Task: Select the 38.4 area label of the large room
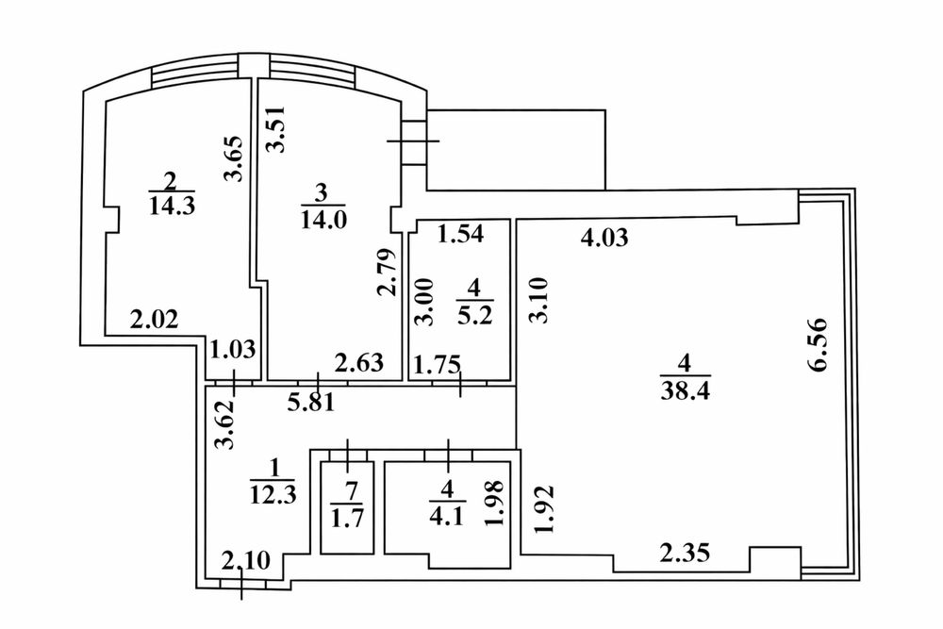point(686,390)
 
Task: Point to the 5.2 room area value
point(475,315)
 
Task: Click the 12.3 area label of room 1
point(273,494)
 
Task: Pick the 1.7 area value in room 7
point(348,518)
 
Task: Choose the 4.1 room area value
point(447,517)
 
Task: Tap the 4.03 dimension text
point(604,238)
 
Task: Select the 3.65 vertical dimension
point(232,158)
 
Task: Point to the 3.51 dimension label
point(275,128)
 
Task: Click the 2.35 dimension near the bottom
point(685,553)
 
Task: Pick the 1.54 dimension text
point(460,234)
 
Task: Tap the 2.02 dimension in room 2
point(155,320)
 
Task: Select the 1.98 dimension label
point(496,504)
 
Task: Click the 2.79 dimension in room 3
point(388,272)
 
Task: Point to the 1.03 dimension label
point(233,349)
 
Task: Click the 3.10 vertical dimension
point(539,300)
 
